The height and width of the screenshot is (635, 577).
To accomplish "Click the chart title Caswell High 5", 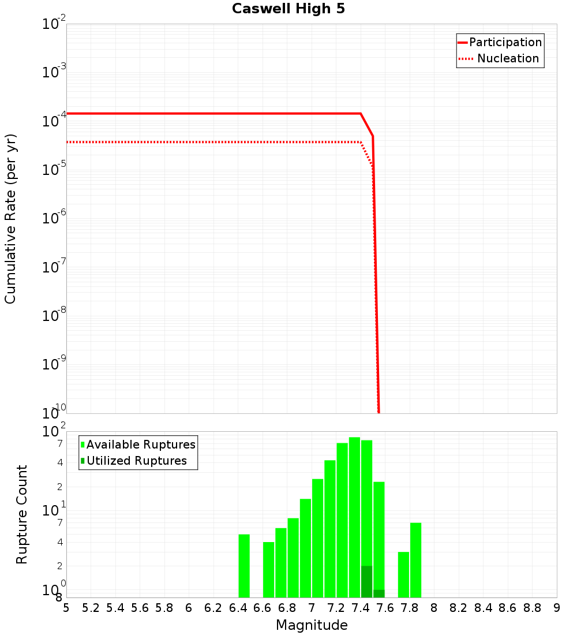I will [x=288, y=9].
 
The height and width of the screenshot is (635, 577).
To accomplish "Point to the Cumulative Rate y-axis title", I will [x=10, y=218].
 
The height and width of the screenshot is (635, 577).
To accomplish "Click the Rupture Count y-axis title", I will [x=22, y=514].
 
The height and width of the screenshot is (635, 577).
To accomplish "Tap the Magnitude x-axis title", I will [x=312, y=625].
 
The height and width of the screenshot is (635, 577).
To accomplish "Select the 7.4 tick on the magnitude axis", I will [x=361, y=608].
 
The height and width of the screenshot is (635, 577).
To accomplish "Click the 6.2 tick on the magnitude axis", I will [x=213, y=608].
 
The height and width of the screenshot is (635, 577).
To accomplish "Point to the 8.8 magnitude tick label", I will [x=532, y=608].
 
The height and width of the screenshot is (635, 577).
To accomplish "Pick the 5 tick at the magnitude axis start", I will [x=66, y=608].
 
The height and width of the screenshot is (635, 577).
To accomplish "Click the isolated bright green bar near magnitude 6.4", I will [x=244, y=566].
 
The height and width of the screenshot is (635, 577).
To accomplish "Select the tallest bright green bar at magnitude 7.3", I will [x=354, y=517].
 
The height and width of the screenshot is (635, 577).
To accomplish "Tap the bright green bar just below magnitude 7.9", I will [x=415, y=560].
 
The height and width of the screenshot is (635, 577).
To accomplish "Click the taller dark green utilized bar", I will [x=366, y=581].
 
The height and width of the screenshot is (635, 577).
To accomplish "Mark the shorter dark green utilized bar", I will [x=379, y=593].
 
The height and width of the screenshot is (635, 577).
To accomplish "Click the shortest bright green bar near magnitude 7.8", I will [x=403, y=574].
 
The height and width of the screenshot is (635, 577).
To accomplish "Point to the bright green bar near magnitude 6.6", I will [x=268, y=570].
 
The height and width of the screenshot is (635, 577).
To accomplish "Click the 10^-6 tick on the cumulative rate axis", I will [x=55, y=218].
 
